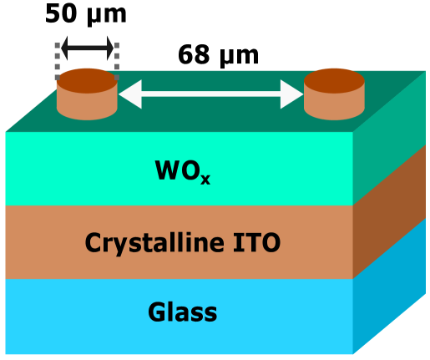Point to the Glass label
coord(182,312)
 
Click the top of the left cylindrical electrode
coord(86,80)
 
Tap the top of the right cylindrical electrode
coord(334,80)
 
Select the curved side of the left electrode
coord(86,104)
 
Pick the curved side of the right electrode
coord(334,104)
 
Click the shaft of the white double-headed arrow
coord(210,94)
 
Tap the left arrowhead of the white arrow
coord(129,94)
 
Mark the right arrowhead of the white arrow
coord(292,94)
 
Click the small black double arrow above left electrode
coord(87,48)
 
